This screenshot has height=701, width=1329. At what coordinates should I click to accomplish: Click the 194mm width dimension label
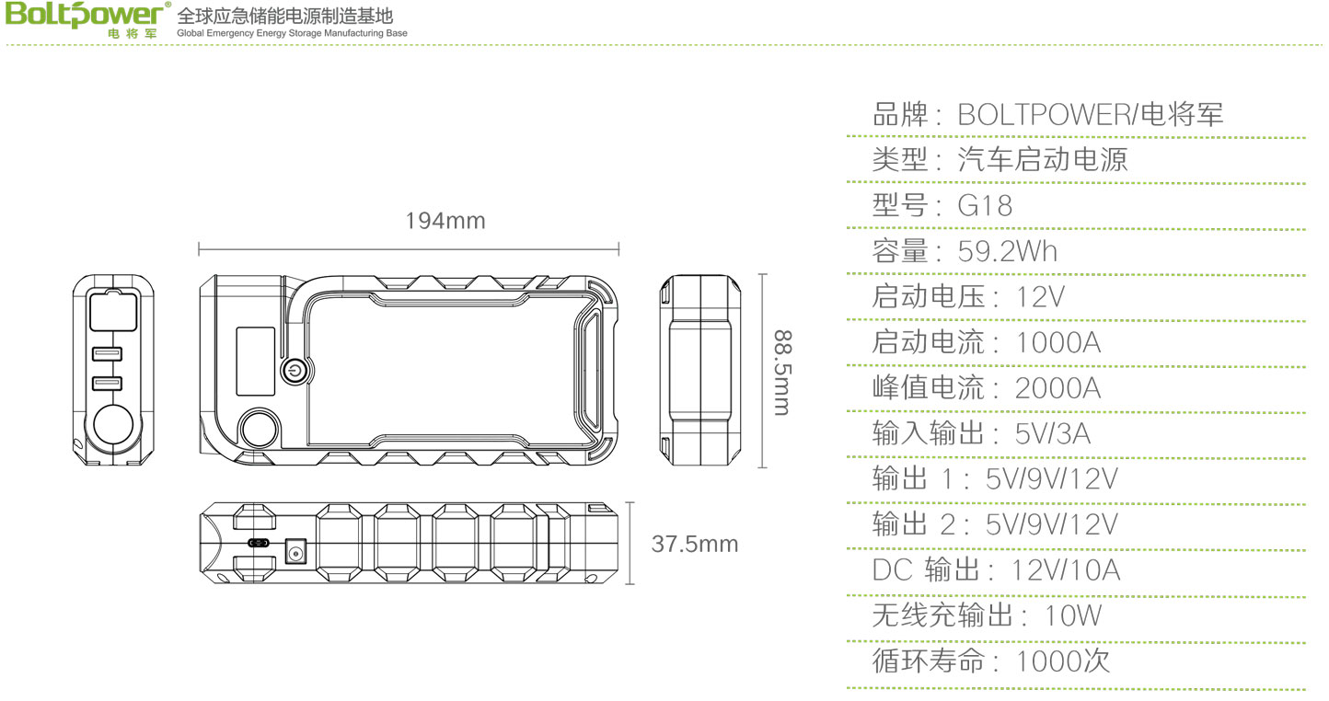click(445, 222)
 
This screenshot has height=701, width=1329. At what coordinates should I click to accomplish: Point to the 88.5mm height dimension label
click(781, 372)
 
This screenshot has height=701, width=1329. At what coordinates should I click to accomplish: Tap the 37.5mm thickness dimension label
click(695, 544)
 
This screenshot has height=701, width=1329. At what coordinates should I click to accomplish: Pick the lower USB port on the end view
click(108, 384)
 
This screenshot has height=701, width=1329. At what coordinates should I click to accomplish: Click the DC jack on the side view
click(295, 553)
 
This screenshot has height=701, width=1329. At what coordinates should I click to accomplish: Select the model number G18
click(985, 205)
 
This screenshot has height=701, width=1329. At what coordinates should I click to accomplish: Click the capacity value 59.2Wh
click(1008, 251)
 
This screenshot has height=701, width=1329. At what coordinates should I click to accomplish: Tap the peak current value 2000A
click(1057, 387)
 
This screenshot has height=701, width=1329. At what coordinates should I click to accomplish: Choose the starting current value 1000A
click(1057, 342)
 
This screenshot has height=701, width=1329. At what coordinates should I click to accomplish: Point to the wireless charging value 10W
click(1073, 615)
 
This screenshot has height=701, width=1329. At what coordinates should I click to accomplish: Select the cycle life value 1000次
click(1063, 661)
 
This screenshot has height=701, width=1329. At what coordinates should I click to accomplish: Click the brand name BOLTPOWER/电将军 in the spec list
click(1091, 115)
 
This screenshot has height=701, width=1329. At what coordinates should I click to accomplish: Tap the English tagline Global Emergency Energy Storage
click(292, 33)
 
